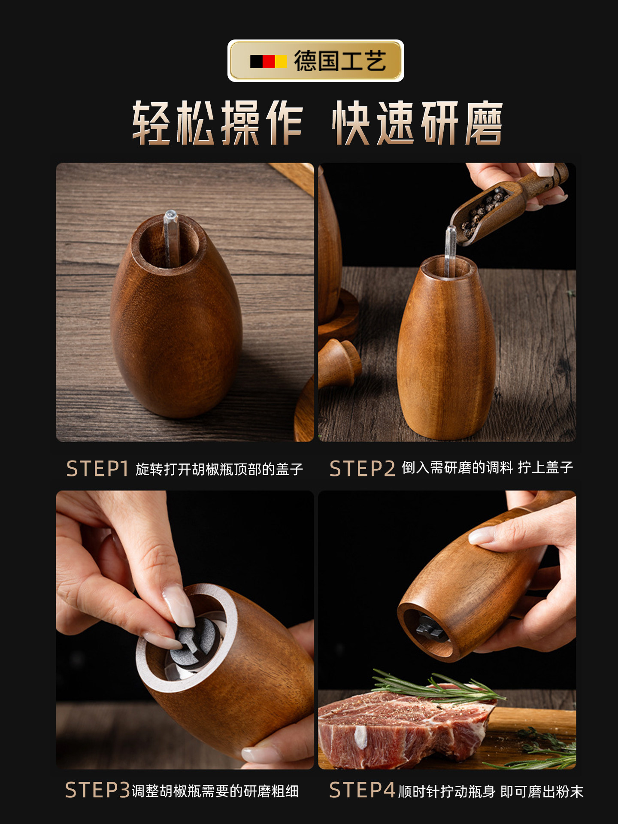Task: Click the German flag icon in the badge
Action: (269, 61)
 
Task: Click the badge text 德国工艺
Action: (340, 61)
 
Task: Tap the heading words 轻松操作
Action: (218, 123)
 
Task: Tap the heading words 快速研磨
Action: (417, 123)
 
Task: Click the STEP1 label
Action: (97, 469)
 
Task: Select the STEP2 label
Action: (362, 469)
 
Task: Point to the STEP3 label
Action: (97, 790)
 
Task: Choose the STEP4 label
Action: (362, 790)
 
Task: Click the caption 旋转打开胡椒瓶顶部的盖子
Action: (219, 469)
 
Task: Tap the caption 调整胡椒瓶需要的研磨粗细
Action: (215, 791)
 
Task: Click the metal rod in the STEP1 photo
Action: (170, 236)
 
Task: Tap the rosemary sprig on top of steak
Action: (433, 687)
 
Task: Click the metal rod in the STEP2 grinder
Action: (450, 249)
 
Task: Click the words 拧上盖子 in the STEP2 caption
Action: (545, 467)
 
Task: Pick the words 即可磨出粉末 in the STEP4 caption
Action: (542, 791)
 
